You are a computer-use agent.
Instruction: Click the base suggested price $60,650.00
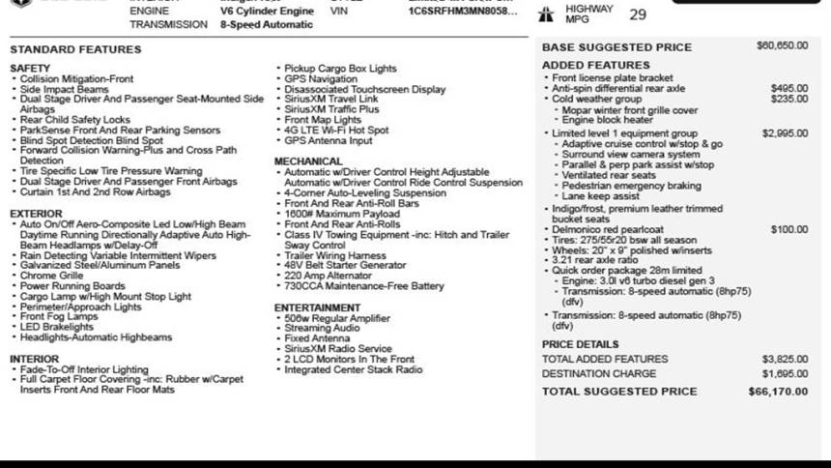point(782,45)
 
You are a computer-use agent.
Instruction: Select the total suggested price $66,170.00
point(778,392)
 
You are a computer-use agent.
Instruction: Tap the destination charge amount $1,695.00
point(785,373)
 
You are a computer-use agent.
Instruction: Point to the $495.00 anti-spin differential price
point(789,88)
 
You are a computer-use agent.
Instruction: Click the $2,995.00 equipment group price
point(785,133)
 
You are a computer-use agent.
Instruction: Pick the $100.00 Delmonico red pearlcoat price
point(789,229)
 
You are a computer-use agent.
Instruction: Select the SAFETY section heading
point(30,69)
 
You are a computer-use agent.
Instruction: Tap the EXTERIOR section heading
point(36,214)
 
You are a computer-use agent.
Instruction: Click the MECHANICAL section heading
point(308,161)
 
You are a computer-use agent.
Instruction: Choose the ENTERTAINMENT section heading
point(318,307)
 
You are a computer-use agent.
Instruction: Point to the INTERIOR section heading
point(35,359)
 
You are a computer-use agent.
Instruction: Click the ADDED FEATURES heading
point(595,65)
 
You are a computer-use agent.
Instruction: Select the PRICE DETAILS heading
point(580,344)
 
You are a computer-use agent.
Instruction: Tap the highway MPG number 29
point(638,15)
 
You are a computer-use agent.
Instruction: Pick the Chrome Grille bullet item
point(52,276)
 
